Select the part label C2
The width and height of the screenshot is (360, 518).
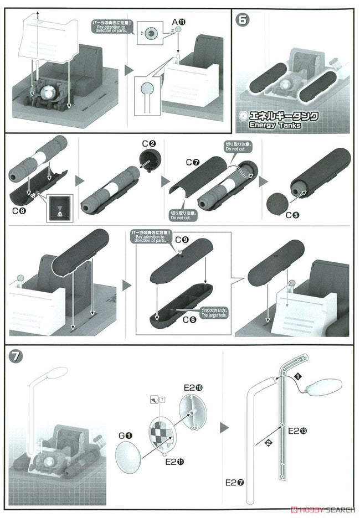click(x=148, y=144)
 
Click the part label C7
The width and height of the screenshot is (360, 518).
click(x=193, y=162)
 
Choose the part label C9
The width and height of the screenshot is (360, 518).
click(x=182, y=240)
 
